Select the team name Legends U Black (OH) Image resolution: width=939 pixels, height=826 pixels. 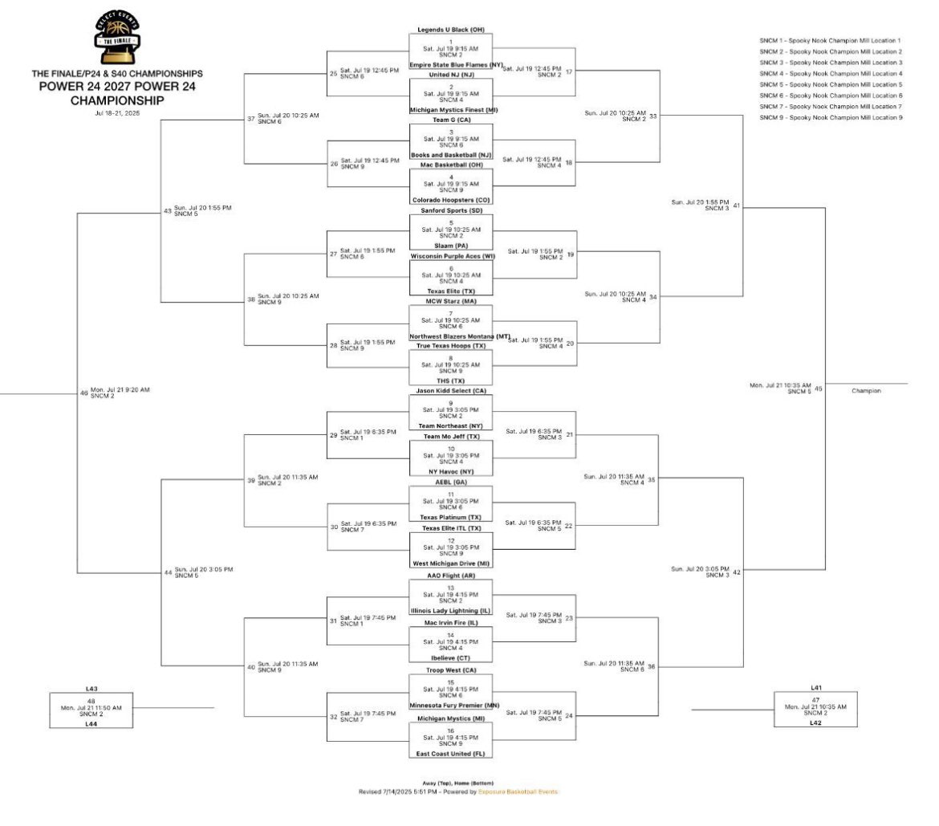[x=449, y=30]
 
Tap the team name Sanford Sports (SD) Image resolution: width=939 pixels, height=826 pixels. [x=449, y=210]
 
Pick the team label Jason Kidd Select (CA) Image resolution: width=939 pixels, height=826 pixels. [x=449, y=390]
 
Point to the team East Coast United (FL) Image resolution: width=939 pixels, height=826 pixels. [x=449, y=754]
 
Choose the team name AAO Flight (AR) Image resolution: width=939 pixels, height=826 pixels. [x=449, y=576]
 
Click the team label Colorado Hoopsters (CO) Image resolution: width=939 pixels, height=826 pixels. [x=449, y=200]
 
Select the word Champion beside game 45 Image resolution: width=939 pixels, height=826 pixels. [x=867, y=391]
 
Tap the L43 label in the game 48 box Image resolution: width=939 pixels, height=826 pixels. [x=91, y=689]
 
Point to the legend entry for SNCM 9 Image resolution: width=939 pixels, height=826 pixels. [x=831, y=118]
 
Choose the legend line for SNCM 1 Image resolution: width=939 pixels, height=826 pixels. [x=831, y=40]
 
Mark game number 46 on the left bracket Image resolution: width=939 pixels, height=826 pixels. [x=83, y=393]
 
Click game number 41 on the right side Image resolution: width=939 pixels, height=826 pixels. [x=736, y=205]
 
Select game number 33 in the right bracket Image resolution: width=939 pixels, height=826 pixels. [x=653, y=116]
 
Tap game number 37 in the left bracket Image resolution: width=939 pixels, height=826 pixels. [x=251, y=119]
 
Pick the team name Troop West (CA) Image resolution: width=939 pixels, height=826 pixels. [x=449, y=669]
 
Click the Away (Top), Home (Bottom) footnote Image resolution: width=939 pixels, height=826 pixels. [x=458, y=783]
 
